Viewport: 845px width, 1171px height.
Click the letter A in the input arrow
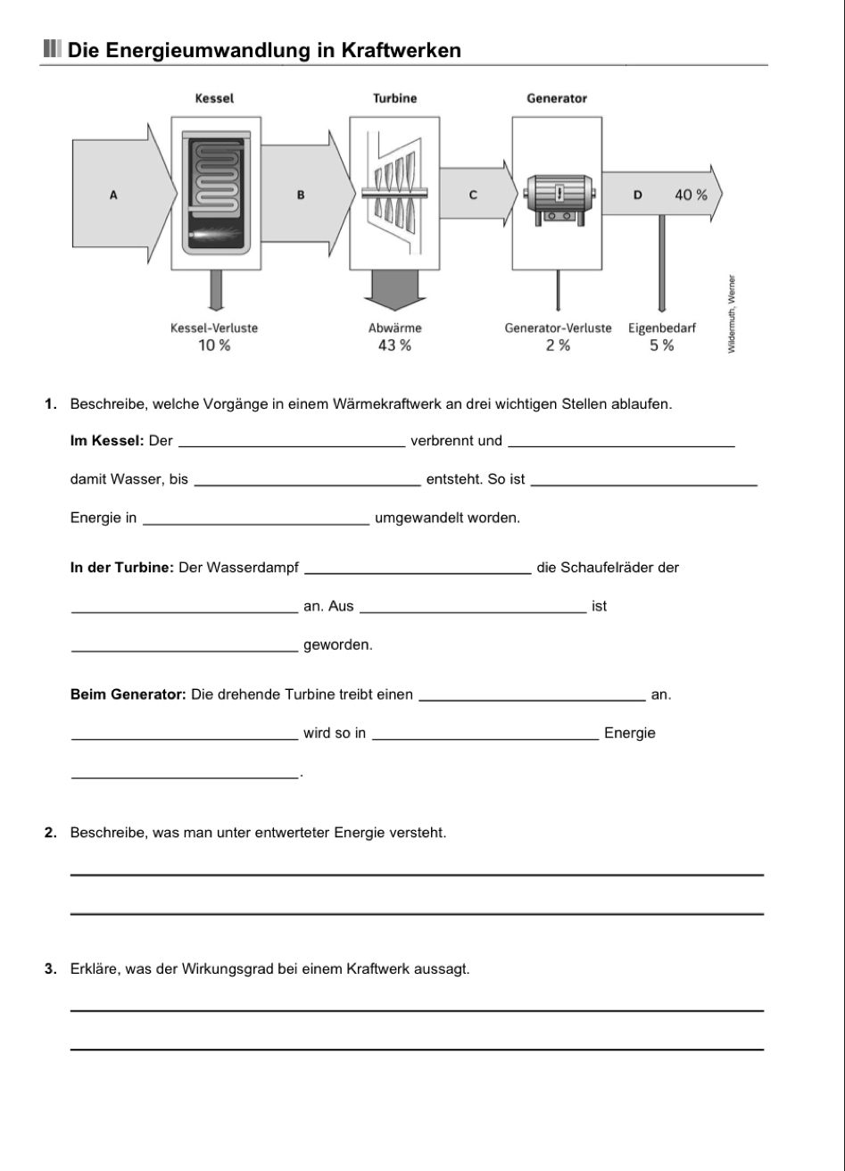coord(113,195)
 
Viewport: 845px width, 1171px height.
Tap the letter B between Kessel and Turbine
coord(300,195)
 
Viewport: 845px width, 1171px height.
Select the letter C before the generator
coord(473,195)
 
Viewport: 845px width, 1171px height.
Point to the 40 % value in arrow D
coord(691,195)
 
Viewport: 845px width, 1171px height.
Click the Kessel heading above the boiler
coord(214,99)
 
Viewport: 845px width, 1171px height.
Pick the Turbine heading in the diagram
coord(394,99)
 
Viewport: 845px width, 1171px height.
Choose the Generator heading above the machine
coord(557,99)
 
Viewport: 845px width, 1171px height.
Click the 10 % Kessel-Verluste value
coord(214,345)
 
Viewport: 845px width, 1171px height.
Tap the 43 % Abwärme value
coord(394,345)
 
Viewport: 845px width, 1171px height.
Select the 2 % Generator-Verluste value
coord(558,345)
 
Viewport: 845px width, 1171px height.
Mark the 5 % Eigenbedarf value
coord(661,345)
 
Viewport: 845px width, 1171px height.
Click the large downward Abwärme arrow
coord(394,290)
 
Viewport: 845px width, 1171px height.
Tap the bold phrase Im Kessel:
coord(107,441)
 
